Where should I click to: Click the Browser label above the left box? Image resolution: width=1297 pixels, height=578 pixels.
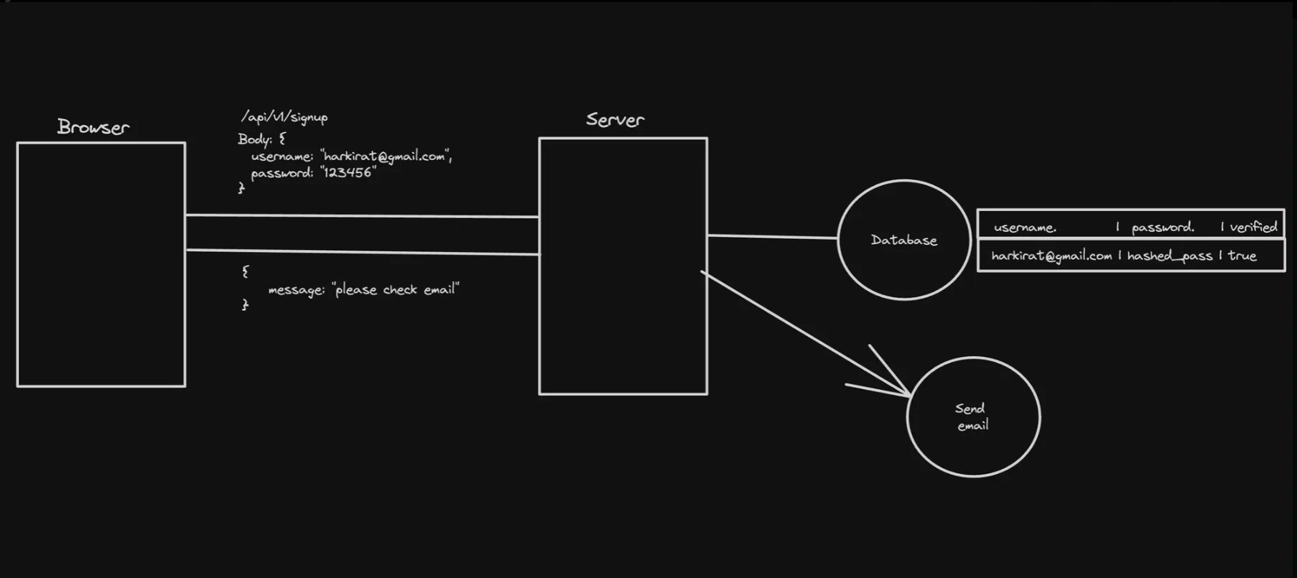click(x=93, y=127)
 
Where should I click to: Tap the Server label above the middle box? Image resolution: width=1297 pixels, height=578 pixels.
click(x=615, y=119)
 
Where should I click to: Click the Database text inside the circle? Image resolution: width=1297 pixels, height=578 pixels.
click(x=903, y=241)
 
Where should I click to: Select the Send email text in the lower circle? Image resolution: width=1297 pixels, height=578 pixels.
click(x=972, y=417)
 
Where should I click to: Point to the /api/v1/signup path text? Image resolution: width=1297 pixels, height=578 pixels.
click(x=284, y=117)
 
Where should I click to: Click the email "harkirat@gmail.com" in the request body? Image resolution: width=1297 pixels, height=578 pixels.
click(x=386, y=156)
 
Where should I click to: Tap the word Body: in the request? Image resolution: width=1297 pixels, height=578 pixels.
click(x=255, y=139)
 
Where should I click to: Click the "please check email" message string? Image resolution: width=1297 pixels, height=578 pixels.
click(x=396, y=289)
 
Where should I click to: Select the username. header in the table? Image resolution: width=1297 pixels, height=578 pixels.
click(x=1025, y=228)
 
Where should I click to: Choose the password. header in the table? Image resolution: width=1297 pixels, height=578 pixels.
click(x=1163, y=228)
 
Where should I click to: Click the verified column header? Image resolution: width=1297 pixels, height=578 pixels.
click(x=1253, y=228)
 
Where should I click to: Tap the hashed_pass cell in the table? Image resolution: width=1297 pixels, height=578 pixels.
click(x=1169, y=256)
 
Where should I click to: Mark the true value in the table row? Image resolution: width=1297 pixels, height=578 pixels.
click(x=1242, y=256)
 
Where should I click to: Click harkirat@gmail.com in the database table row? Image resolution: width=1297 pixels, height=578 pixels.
click(x=1051, y=256)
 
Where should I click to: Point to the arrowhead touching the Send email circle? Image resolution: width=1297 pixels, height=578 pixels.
click(x=906, y=393)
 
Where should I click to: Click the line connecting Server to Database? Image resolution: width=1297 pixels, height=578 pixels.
click(x=772, y=236)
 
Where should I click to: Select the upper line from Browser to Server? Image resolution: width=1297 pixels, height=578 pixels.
click(x=362, y=215)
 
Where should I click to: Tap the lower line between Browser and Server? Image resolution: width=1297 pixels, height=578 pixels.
click(x=362, y=252)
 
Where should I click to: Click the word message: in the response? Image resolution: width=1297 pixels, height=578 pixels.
click(x=296, y=290)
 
